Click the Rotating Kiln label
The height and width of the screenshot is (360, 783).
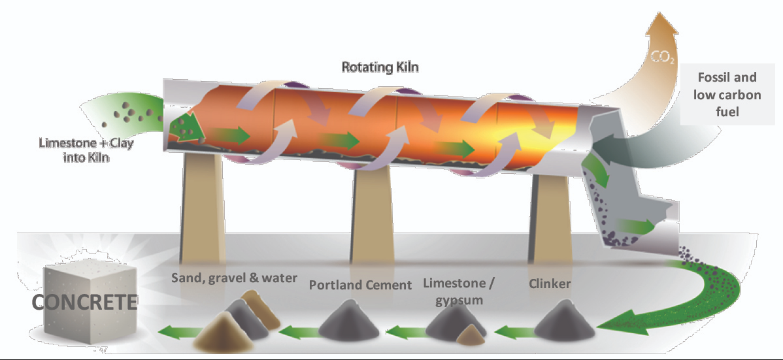[380, 67]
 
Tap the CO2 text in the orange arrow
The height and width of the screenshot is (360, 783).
[663, 57]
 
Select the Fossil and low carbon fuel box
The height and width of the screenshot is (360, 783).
[727, 94]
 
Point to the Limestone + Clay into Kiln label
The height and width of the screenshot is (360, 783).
[86, 150]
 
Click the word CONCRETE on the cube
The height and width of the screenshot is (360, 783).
[84, 302]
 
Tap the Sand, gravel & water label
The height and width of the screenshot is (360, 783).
[234, 278]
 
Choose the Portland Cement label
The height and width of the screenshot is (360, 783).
[360, 285]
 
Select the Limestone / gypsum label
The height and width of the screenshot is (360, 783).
[458, 291]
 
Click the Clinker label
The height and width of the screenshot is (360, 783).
[549, 284]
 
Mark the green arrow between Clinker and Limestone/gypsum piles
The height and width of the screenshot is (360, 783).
[513, 331]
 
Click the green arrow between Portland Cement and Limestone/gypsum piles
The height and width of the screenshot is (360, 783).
[405, 331]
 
